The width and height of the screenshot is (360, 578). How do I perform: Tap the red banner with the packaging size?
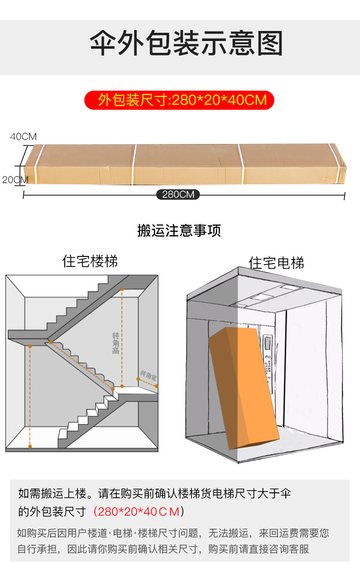click(x=179, y=100)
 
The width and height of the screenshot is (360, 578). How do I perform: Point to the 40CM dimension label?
click(x=23, y=137)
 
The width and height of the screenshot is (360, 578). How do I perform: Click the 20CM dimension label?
click(x=15, y=180)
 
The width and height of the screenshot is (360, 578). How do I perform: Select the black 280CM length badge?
click(x=178, y=195)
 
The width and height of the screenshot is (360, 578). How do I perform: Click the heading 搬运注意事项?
click(x=179, y=230)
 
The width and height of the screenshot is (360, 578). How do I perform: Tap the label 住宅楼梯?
click(x=90, y=261)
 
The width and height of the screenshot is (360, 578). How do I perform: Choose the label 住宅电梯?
click(x=276, y=263)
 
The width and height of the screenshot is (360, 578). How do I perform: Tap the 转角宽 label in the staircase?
click(x=148, y=375)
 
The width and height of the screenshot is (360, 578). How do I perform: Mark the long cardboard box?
click(x=182, y=164)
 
